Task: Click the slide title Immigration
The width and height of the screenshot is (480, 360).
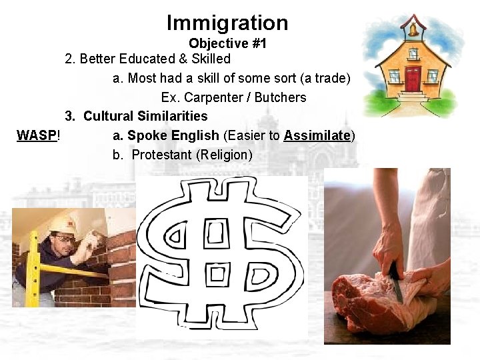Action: (x=227, y=23)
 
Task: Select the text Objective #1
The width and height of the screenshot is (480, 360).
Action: (x=227, y=44)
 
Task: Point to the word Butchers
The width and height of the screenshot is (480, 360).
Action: (x=280, y=97)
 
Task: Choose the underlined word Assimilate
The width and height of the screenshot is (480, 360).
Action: (x=317, y=135)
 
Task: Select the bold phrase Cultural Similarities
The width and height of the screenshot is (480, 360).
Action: (x=145, y=117)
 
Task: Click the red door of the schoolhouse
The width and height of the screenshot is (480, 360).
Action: (x=413, y=78)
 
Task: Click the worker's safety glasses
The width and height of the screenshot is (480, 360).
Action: (x=64, y=238)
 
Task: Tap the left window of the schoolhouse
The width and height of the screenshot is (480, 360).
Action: (x=394, y=77)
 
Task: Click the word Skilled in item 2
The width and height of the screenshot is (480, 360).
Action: (x=209, y=59)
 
